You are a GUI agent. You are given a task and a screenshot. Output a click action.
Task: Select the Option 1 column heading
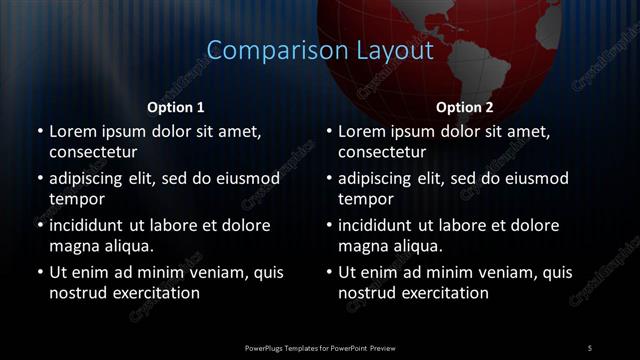point(176,107)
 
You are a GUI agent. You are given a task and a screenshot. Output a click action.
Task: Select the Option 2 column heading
point(465,107)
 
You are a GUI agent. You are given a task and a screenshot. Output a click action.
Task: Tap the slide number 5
point(590,347)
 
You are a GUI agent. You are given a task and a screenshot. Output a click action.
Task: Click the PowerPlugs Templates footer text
point(320,347)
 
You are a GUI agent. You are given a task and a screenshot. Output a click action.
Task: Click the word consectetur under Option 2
point(382,152)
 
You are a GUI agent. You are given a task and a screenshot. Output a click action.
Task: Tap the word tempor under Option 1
point(75,199)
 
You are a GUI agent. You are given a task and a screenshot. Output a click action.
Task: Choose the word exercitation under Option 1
point(155,293)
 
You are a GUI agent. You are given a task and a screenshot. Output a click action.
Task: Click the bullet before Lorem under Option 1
point(39,131)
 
